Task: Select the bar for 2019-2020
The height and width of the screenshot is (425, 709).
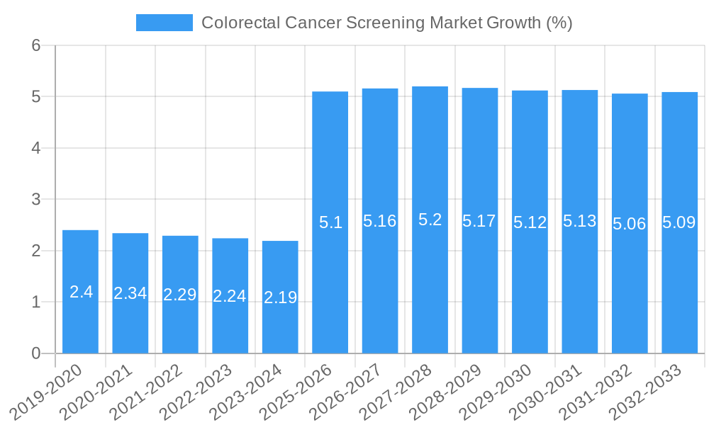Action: click(x=80, y=291)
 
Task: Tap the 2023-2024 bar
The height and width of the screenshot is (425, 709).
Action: click(x=280, y=297)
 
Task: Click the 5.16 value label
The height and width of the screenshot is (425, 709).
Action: click(x=380, y=221)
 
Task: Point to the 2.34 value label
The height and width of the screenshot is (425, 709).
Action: click(x=130, y=293)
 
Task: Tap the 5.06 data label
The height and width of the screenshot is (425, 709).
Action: click(x=630, y=224)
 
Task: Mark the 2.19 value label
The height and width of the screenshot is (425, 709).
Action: click(x=280, y=297)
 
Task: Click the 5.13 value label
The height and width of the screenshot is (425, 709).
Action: click(x=580, y=221)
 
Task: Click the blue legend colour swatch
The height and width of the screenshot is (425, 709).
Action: click(x=164, y=23)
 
